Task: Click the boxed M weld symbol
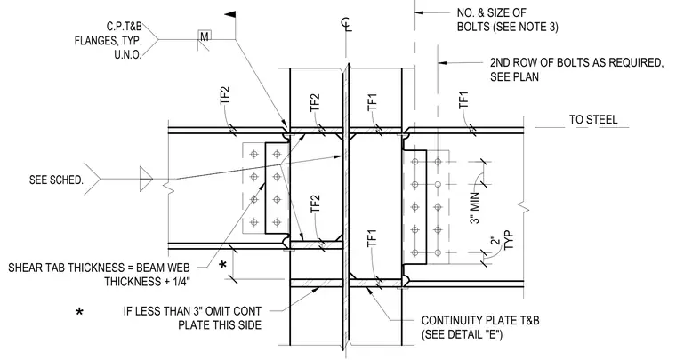tap(205, 36)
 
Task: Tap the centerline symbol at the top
tap(346, 24)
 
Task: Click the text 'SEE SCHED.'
tap(56, 180)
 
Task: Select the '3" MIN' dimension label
tap(474, 208)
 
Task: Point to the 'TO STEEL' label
tap(593, 119)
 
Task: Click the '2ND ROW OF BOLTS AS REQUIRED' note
tap(576, 62)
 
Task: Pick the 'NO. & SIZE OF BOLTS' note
tap(507, 20)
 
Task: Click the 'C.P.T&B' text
tap(125, 27)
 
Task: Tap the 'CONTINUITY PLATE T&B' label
tap(480, 320)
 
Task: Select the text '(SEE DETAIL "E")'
tap(462, 334)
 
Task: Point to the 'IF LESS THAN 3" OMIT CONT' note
tap(192, 311)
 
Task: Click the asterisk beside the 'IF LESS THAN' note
tap(79, 311)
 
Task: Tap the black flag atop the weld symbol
tap(230, 14)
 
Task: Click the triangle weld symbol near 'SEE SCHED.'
tap(146, 179)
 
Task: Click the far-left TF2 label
tap(225, 96)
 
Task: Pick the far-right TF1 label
tap(463, 100)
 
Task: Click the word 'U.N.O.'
tap(128, 55)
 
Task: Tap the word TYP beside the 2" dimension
tap(509, 240)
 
